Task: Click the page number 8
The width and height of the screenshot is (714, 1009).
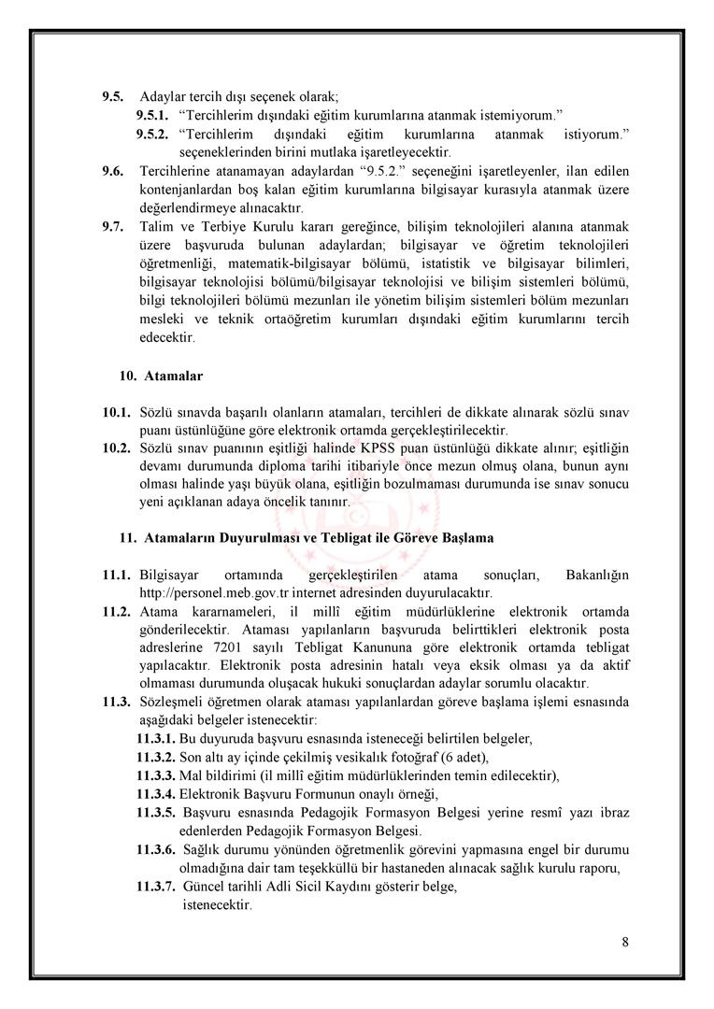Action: click(624, 941)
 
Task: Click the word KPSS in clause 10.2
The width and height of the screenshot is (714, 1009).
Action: click(389, 448)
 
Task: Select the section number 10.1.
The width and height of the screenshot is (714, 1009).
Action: click(116, 412)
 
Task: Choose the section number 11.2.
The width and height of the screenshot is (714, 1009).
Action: click(116, 611)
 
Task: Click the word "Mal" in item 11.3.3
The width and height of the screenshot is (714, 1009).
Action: click(191, 775)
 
